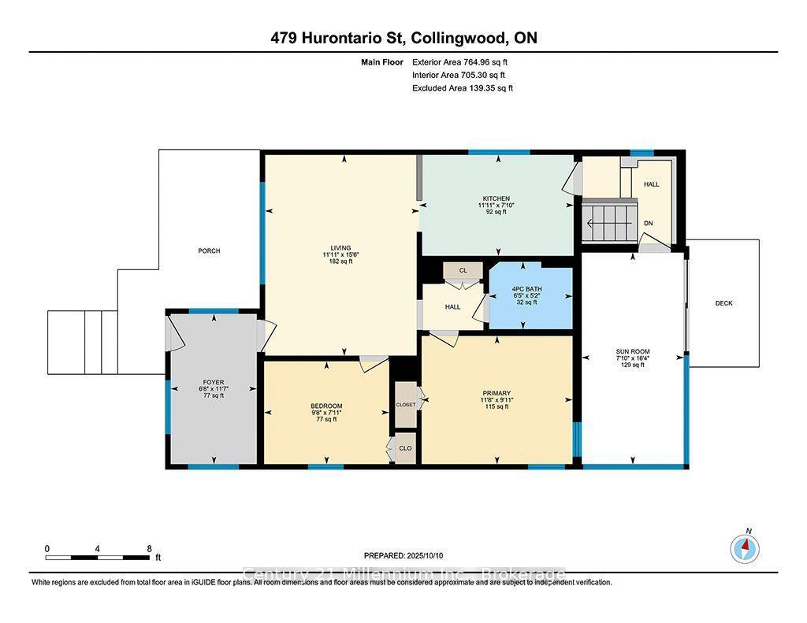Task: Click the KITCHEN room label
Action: [496, 198]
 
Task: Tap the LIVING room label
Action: [340, 248]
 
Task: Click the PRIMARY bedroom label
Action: [496, 393]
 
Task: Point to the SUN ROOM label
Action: [633, 351]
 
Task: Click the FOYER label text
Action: [213, 382]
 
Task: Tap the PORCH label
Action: [209, 251]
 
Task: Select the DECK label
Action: [723, 303]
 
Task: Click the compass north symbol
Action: [746, 547]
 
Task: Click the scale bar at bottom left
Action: [97, 558]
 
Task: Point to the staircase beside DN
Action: [608, 222]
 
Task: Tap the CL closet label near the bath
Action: [463, 270]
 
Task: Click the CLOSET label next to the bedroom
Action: [406, 404]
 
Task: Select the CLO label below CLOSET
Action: [405, 448]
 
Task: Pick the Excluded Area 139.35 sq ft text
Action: [463, 88]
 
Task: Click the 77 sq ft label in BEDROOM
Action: [325, 419]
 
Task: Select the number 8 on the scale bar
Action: [149, 548]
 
